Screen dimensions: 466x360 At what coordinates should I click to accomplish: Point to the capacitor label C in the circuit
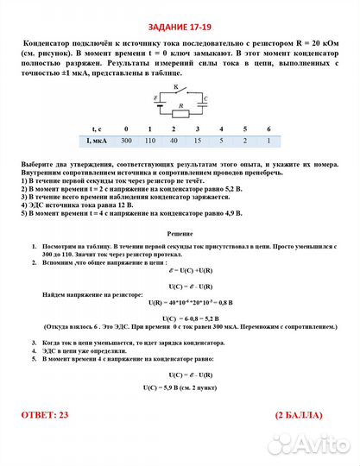(205, 99)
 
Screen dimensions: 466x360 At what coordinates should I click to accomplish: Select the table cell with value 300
(126, 140)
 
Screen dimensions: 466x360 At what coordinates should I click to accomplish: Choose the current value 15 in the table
(198, 140)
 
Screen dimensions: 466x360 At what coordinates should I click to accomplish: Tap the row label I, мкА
(96, 140)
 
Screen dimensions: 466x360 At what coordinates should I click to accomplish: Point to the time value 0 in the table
(126, 128)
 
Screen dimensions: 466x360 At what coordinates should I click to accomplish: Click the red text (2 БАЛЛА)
(303, 414)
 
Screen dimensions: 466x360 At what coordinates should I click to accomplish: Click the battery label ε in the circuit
(155, 98)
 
